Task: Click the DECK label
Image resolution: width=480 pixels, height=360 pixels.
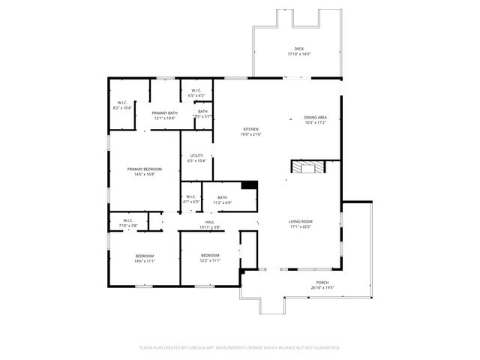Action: [x=299, y=49]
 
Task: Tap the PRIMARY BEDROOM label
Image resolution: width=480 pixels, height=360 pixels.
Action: [x=144, y=169]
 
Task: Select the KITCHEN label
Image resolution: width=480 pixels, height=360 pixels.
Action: [x=250, y=129]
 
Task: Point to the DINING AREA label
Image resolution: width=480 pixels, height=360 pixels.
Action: [x=315, y=117]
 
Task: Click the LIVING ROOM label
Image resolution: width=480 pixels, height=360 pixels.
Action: [x=301, y=221]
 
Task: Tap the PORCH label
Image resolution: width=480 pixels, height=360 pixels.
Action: [x=322, y=283]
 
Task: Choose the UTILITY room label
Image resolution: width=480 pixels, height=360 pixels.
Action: [x=196, y=155]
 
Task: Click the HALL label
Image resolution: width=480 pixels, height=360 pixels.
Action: [x=210, y=222]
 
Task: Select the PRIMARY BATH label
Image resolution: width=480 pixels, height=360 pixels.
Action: [x=165, y=112]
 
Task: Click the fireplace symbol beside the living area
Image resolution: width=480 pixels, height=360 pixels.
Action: [x=307, y=167]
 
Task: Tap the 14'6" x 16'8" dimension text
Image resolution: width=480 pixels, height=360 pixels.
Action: [x=144, y=174]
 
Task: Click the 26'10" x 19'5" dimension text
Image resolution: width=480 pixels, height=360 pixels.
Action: [x=322, y=288]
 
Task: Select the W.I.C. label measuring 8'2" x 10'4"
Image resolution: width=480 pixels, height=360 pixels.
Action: [x=122, y=103]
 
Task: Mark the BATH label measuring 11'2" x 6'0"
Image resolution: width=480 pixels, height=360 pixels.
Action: [x=222, y=197]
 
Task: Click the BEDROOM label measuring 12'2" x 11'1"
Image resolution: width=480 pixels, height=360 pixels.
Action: [x=210, y=256]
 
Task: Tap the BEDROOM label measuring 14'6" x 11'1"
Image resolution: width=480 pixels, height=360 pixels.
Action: [x=145, y=256]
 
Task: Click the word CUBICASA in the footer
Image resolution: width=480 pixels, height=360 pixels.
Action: [x=196, y=347]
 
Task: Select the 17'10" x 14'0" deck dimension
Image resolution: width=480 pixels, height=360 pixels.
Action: [x=299, y=54]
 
